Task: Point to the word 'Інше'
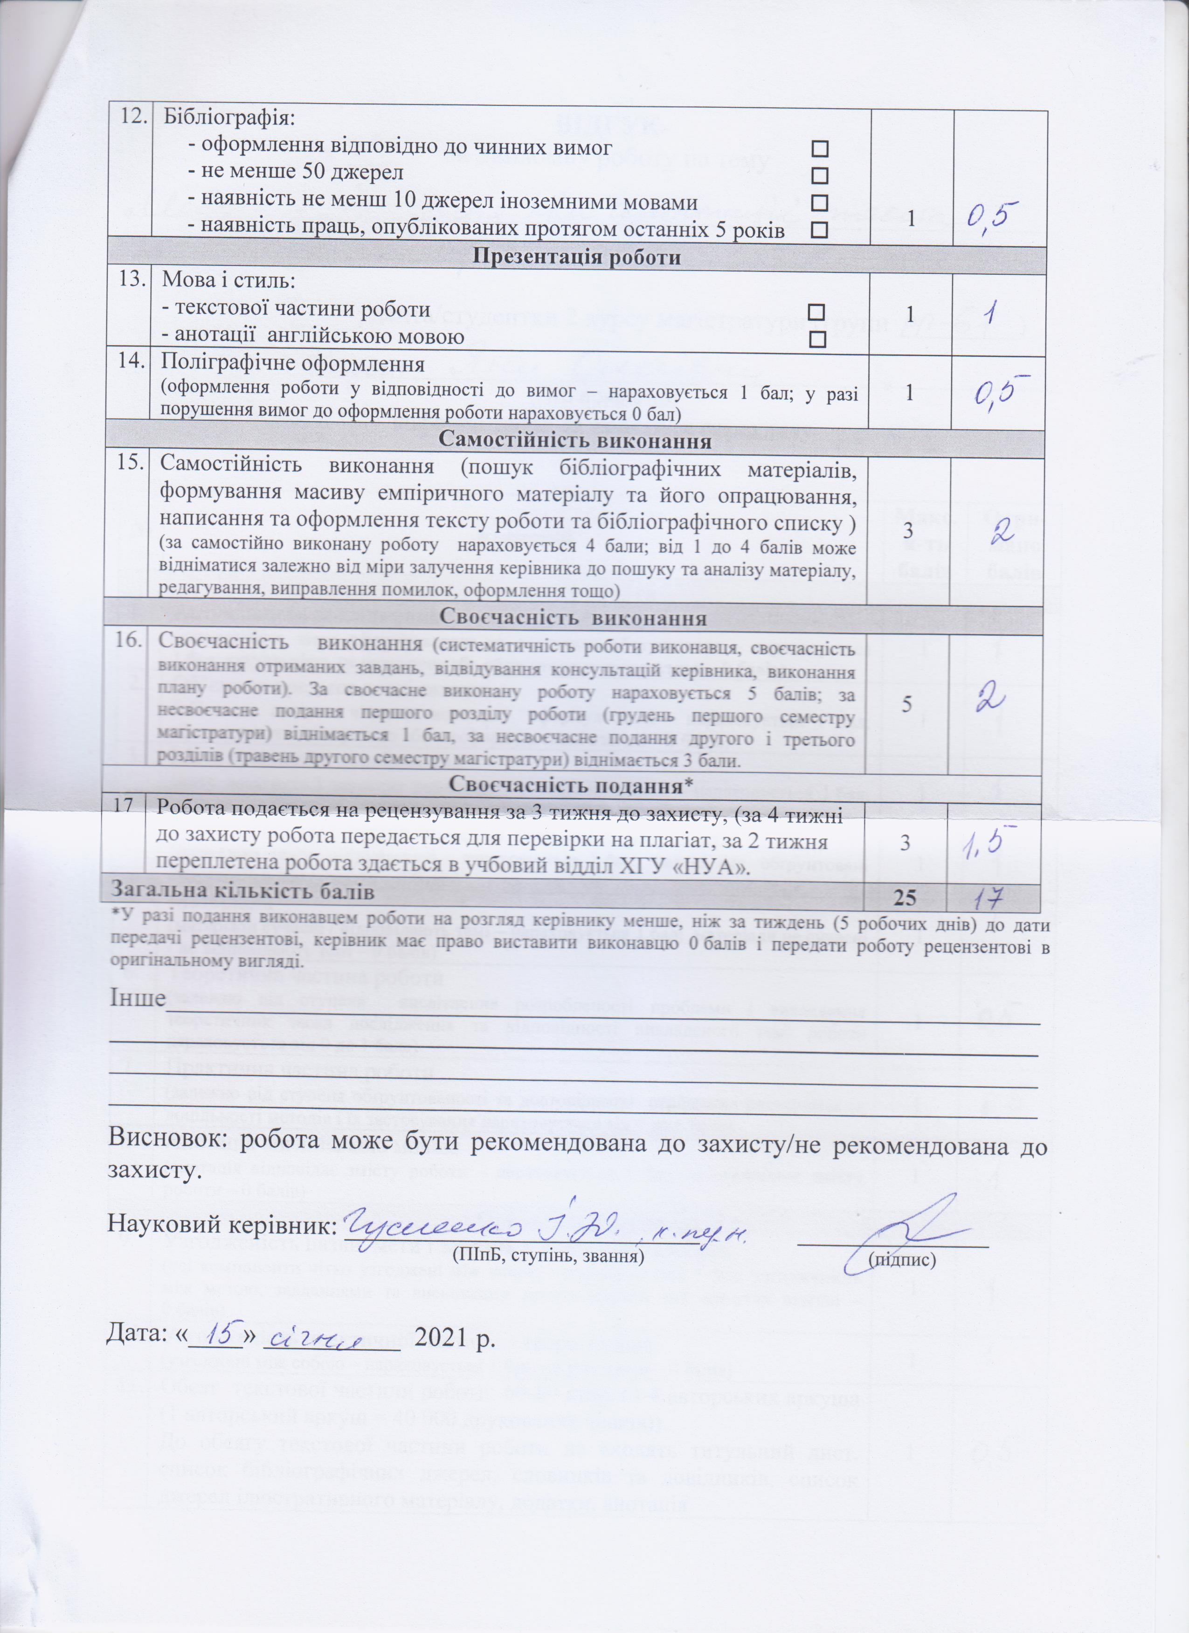point(137,1000)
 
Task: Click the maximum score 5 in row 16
point(908,705)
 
